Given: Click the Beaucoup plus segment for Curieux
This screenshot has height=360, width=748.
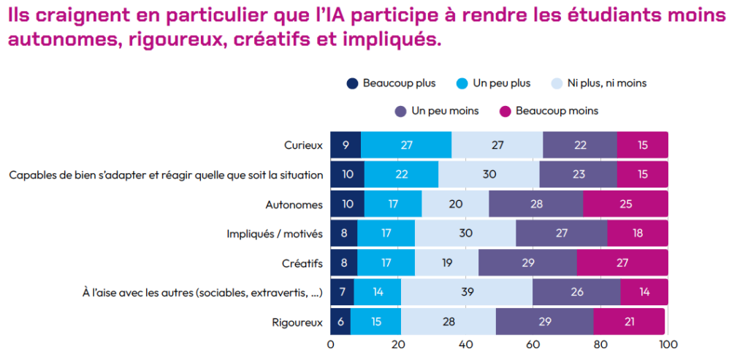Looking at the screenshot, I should point(346,145).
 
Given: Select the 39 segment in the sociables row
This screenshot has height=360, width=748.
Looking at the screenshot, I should point(467,292).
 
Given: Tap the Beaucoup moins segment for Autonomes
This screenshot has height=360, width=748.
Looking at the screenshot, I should point(625,204).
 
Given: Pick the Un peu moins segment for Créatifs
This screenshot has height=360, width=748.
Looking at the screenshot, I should point(527,263).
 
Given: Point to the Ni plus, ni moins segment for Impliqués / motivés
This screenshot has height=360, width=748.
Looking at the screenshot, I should point(465,234).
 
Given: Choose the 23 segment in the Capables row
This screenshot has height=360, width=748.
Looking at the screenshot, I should point(578,175).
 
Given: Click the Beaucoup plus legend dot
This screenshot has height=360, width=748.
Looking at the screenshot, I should point(353,83).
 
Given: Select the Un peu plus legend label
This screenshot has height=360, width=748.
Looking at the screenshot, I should point(502,83).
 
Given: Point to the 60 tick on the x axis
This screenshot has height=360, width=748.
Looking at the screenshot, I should point(533,344).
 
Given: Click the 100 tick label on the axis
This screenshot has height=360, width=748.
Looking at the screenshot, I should point(667,344).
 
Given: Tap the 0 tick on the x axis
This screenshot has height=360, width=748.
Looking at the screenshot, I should point(331,344).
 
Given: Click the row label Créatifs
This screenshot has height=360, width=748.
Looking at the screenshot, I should point(302,263).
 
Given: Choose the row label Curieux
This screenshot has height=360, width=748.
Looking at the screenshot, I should point(303,145).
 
